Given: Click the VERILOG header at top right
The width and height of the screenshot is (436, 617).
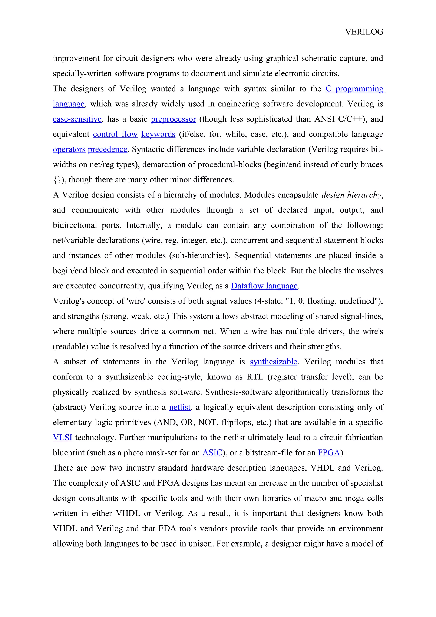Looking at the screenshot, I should pyautogui.click(x=364, y=32).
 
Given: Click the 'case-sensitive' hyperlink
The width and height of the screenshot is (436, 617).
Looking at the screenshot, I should pyautogui.click(x=77, y=119).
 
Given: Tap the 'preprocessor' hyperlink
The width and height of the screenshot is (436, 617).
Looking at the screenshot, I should pyautogui.click(x=173, y=119).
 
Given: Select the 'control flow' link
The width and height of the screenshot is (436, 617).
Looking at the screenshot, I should pyautogui.click(x=115, y=134).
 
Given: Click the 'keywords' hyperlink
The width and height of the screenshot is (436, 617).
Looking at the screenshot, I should pyautogui.click(x=158, y=134).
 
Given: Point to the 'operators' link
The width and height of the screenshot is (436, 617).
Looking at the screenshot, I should pyautogui.click(x=69, y=149).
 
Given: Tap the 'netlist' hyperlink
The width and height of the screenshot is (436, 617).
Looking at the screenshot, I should pyautogui.click(x=179, y=407).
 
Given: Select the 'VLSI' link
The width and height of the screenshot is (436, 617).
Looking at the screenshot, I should pyautogui.click(x=62, y=438).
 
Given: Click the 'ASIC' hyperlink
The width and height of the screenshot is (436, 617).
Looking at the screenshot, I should pyautogui.click(x=212, y=453).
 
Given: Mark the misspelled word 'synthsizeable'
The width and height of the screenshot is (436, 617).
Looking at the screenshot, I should pyautogui.click(x=129, y=377).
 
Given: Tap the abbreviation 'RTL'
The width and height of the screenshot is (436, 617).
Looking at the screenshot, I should pyautogui.click(x=255, y=377).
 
